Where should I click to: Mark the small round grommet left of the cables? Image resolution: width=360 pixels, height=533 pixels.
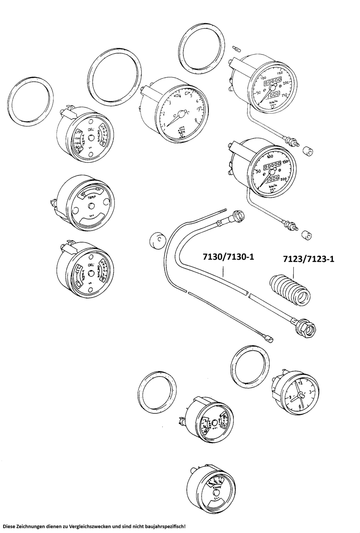point(155,242)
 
